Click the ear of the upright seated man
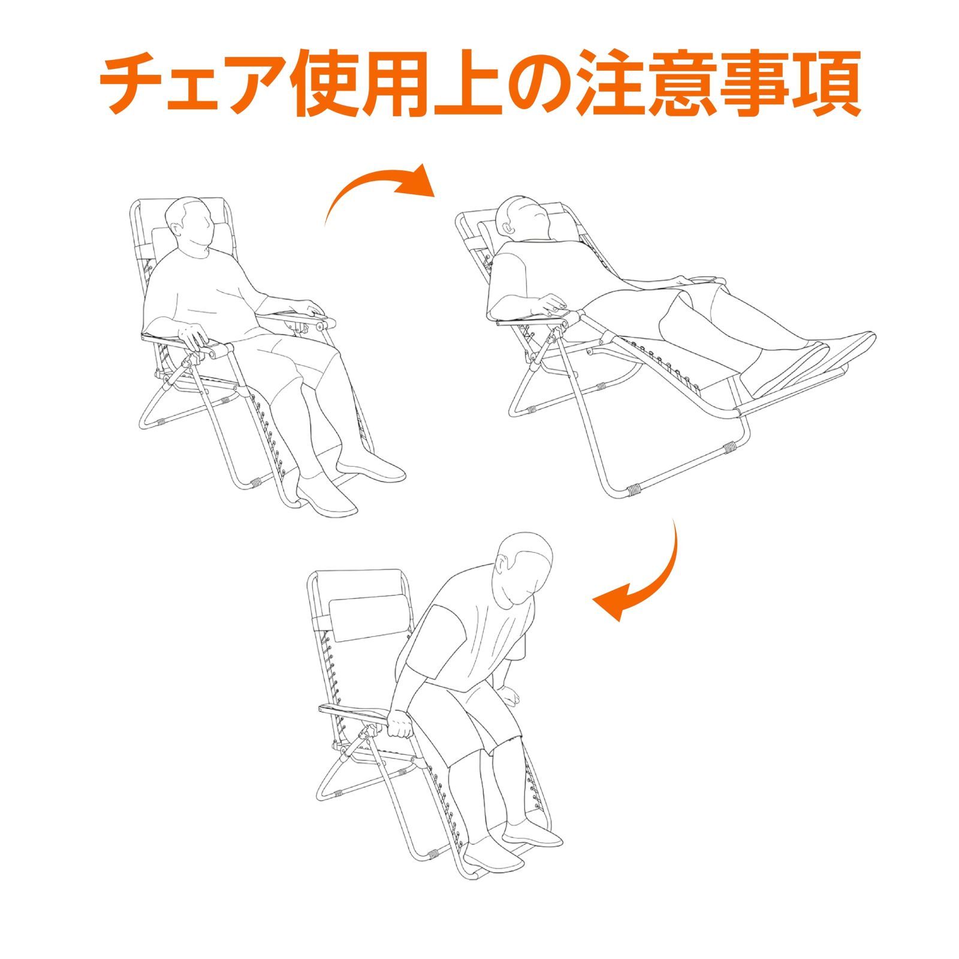(178, 231)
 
